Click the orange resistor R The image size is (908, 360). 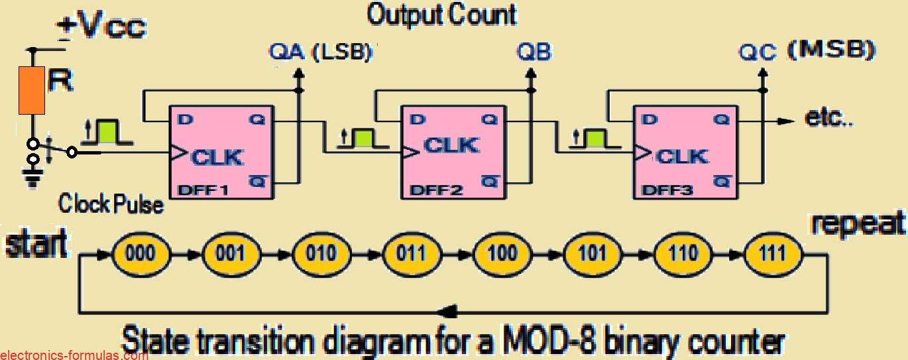click(x=32, y=90)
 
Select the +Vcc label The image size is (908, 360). click(x=101, y=27)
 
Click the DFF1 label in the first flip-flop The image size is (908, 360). click(x=204, y=190)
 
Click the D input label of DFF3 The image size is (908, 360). click(x=650, y=119)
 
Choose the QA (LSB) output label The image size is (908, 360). click(x=321, y=52)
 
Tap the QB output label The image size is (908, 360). click(x=534, y=52)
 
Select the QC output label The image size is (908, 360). click(x=758, y=52)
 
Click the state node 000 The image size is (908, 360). click(x=141, y=253)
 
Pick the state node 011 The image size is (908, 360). click(x=412, y=253)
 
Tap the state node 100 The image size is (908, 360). click(x=502, y=253)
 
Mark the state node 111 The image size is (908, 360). click(x=773, y=253)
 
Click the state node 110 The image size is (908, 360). click(x=683, y=253)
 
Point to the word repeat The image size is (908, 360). click(x=858, y=224)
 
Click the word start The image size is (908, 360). click(x=36, y=244)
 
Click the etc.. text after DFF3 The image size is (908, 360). click(x=828, y=118)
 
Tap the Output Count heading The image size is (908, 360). click(x=442, y=15)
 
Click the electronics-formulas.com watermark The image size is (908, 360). click(x=74, y=355)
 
